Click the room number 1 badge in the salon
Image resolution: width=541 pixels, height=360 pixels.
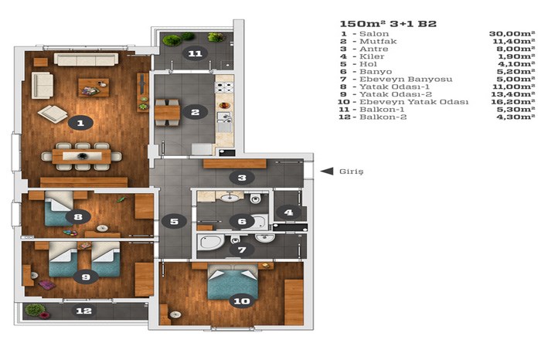[x=80, y=123]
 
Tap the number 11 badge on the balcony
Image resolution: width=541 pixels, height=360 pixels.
[x=196, y=53]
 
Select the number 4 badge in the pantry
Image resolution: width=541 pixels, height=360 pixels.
[x=289, y=212]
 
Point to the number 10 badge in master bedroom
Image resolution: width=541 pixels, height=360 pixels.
[x=241, y=301]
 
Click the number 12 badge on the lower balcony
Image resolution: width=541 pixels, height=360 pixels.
[x=83, y=311]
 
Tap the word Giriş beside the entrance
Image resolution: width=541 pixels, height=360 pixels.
[x=351, y=172]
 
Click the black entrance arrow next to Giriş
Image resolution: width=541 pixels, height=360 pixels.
[x=327, y=171]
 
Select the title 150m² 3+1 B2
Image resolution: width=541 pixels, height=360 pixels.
[x=388, y=24]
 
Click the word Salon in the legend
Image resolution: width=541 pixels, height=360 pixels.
[x=374, y=34]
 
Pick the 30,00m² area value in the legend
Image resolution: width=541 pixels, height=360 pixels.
[x=512, y=33]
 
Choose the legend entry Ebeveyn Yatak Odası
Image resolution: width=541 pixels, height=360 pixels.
[x=414, y=102]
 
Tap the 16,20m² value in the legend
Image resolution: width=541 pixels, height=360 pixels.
[x=512, y=102]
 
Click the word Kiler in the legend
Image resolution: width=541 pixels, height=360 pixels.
[x=372, y=56]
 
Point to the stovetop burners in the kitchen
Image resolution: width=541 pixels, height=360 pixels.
[x=224, y=87]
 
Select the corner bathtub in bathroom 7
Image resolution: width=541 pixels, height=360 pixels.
[x=209, y=242]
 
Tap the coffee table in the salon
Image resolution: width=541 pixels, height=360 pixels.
[x=94, y=87]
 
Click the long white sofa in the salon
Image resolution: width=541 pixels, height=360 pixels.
[x=86, y=59]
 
